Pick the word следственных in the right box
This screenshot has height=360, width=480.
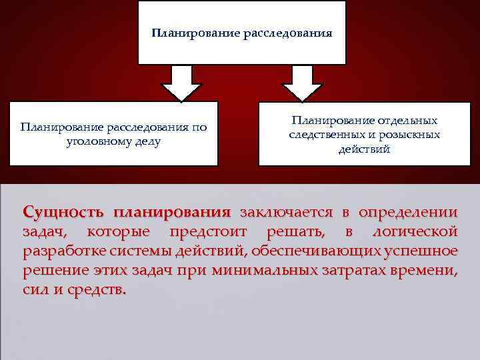[323, 135]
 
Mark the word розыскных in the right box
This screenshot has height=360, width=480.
[409, 135]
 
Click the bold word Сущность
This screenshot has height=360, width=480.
[63, 213]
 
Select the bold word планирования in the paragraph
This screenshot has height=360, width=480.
[171, 213]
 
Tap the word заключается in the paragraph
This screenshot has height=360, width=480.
[286, 213]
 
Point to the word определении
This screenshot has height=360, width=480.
[408, 213]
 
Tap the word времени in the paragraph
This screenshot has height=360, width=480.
[424, 271]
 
